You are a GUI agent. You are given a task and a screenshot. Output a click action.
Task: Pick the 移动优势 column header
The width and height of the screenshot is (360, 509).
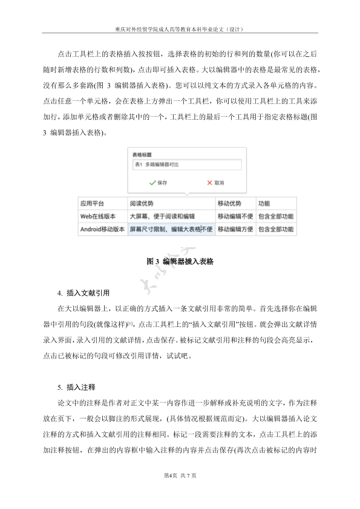click(229, 204)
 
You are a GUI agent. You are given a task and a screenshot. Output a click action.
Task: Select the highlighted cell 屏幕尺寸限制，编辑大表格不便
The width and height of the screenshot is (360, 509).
click(171, 230)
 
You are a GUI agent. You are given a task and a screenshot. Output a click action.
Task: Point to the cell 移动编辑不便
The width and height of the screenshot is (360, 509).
click(235, 216)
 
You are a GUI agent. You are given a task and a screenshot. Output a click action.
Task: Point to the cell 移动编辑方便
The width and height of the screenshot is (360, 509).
click(235, 230)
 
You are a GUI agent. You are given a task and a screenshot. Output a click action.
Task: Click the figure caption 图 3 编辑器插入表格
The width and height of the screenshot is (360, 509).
click(180, 262)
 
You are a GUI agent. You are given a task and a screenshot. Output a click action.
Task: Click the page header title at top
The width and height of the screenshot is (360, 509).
click(180, 28)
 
